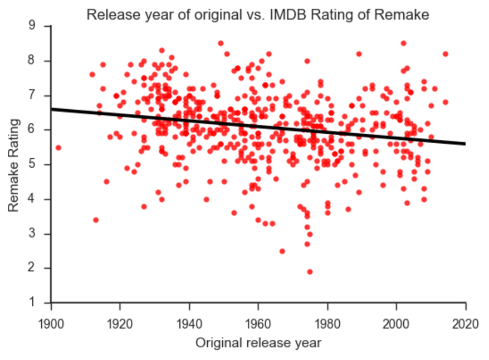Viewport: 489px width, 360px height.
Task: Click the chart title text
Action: [258, 15]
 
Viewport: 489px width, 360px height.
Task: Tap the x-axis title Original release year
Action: [258, 342]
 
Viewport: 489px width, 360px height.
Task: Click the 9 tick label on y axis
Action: [32, 26]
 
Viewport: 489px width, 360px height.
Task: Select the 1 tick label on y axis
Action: [32, 303]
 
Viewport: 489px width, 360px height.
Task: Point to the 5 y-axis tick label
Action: [32, 164]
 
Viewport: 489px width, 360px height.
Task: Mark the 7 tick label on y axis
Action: [32, 95]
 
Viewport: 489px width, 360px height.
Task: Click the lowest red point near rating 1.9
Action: [310, 272]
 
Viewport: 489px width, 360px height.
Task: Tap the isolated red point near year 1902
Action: [58, 148]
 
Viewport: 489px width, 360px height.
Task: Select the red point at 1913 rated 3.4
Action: [96, 220]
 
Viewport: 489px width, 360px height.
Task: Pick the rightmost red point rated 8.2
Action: [445, 54]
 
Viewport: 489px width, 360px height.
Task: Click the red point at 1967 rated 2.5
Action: [282, 251]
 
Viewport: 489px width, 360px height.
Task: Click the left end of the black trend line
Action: [52, 109]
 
